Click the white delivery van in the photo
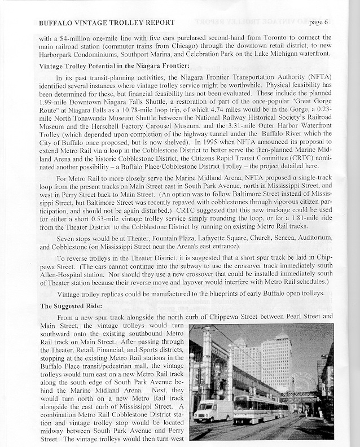tap(213, 410)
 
